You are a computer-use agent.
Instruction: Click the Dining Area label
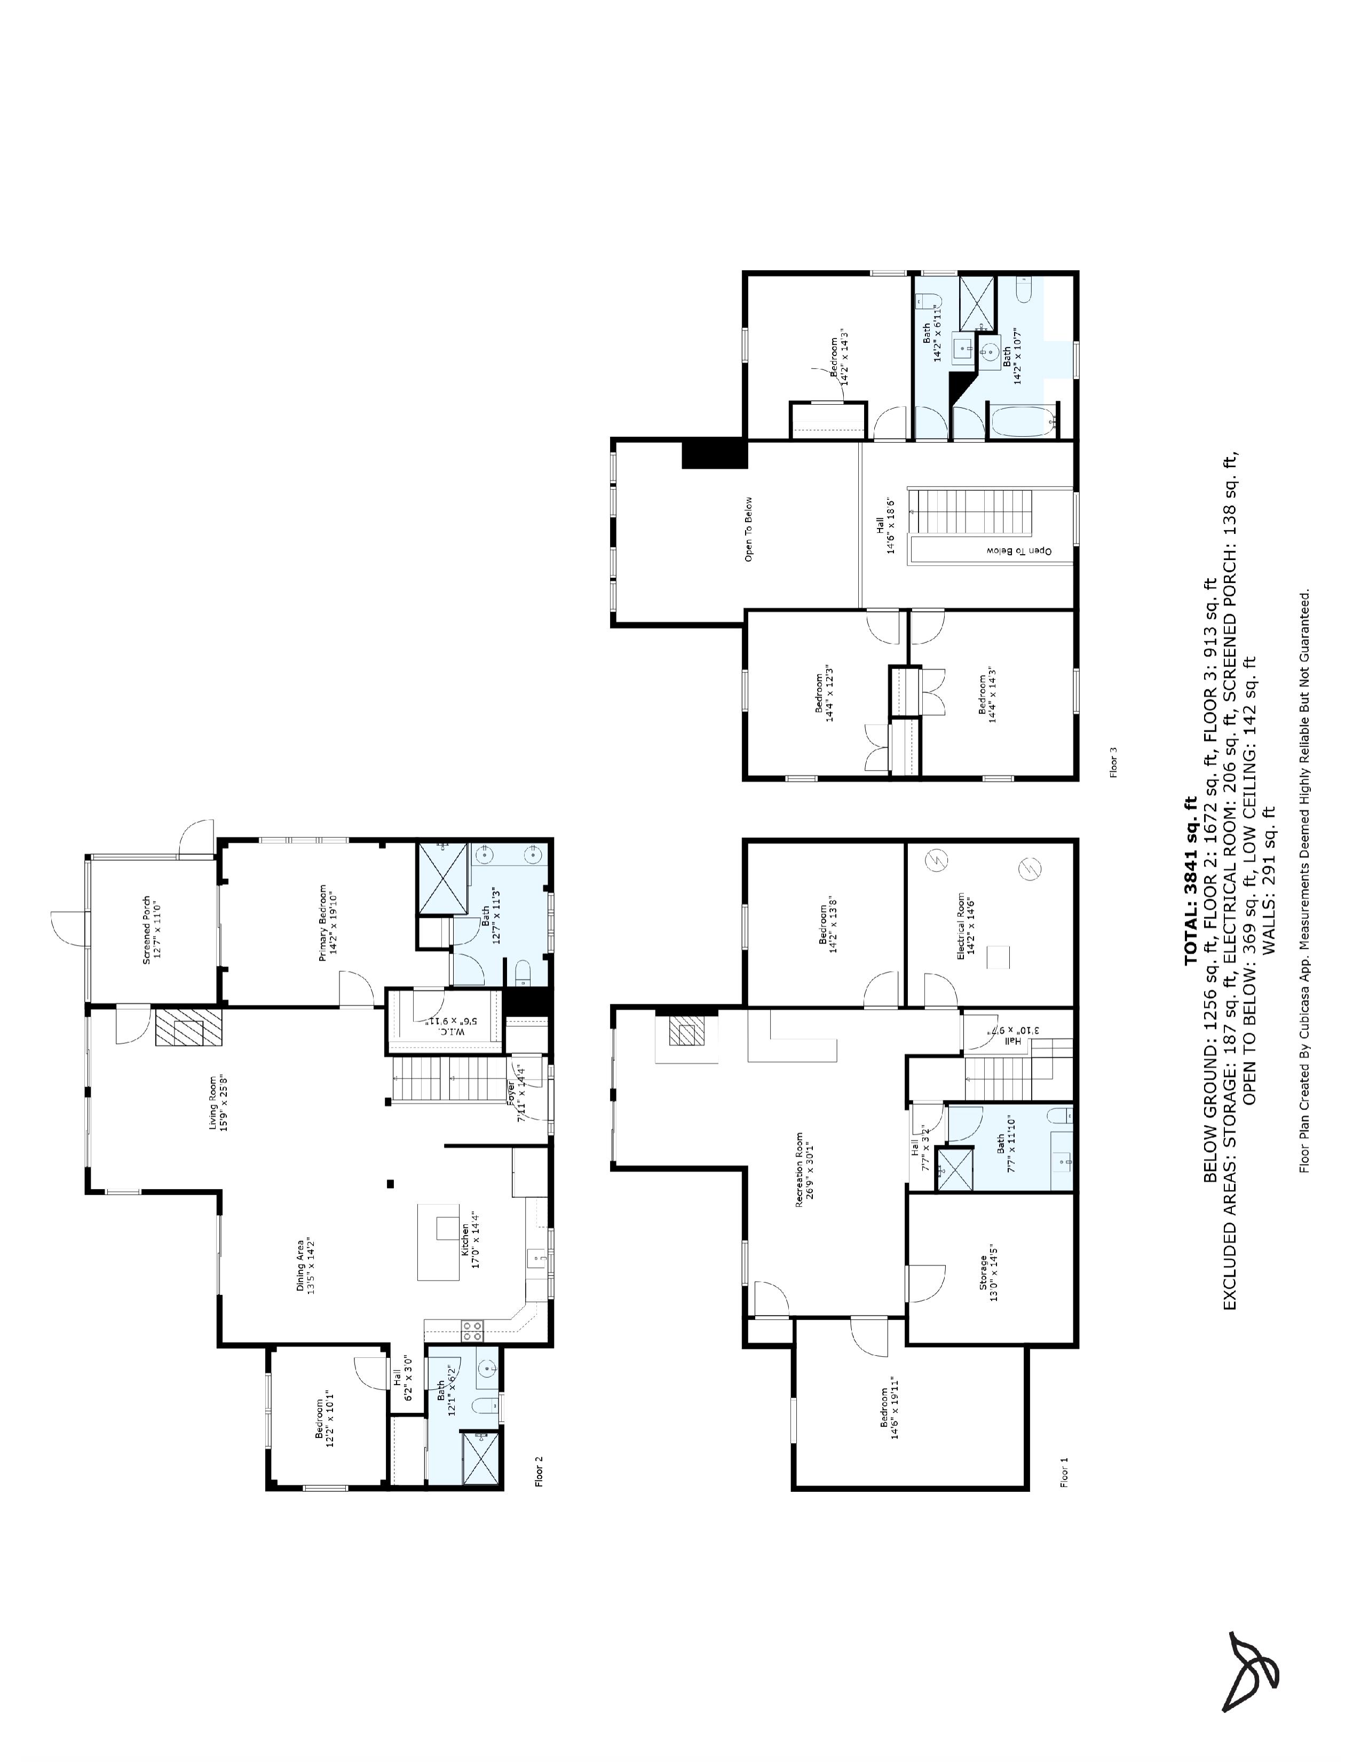click(x=306, y=1265)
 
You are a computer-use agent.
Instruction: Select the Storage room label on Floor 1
click(x=988, y=1278)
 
